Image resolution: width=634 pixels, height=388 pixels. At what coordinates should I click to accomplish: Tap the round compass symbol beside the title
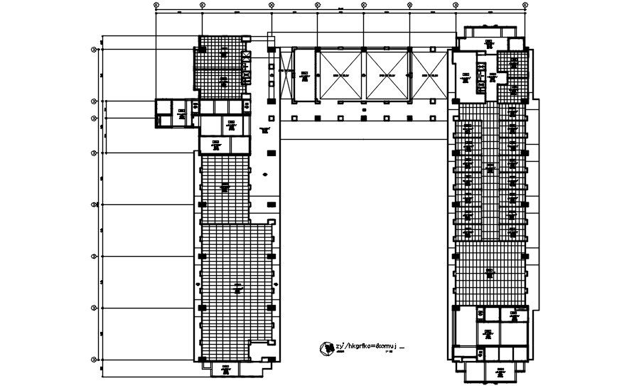(x=326, y=348)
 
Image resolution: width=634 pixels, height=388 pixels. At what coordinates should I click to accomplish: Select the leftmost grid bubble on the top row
(x=156, y=6)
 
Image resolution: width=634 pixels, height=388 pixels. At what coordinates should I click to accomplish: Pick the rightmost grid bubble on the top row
(x=525, y=6)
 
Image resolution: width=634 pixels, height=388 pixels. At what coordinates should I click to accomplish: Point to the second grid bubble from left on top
(x=203, y=6)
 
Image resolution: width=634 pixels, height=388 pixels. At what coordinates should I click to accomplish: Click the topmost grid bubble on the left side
(x=94, y=49)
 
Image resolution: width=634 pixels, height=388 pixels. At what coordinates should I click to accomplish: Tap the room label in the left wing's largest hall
(x=238, y=287)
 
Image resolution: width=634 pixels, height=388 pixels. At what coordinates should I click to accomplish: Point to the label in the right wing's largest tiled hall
(x=489, y=271)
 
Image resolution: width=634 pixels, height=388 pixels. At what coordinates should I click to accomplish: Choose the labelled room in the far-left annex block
(x=182, y=111)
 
